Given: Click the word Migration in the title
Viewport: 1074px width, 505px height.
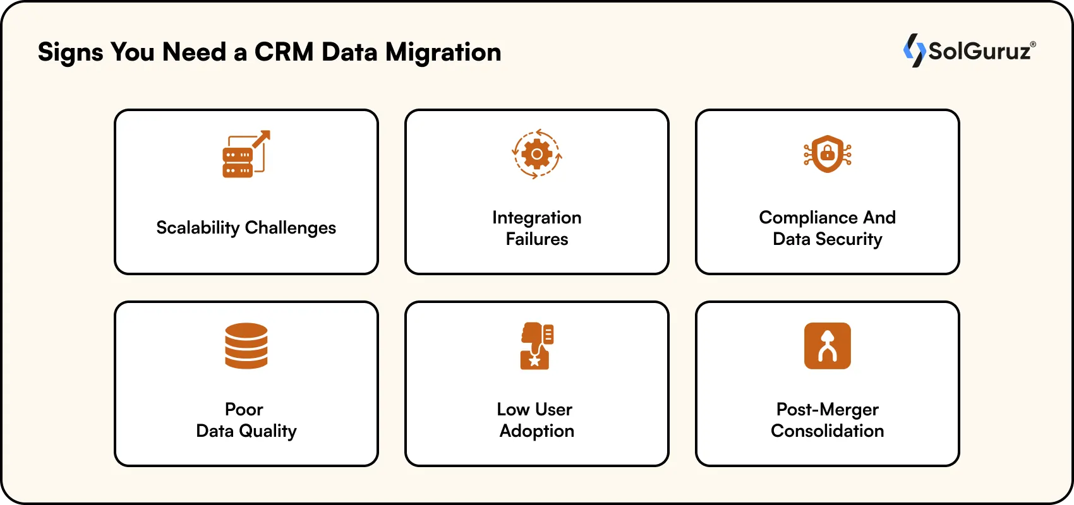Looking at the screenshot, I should click(443, 52).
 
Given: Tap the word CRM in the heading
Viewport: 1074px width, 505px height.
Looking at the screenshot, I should click(284, 52).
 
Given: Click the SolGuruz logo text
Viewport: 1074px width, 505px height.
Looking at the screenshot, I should click(979, 51).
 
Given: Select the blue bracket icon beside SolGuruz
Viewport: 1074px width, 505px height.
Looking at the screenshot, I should click(914, 50).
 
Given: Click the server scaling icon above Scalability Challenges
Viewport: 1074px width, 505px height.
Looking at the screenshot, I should click(245, 155).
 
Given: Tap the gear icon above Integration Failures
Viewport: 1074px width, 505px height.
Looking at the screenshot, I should click(537, 154).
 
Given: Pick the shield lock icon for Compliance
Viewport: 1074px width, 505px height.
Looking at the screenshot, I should click(828, 154).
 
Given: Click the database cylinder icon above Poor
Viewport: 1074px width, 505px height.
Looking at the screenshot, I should click(246, 346).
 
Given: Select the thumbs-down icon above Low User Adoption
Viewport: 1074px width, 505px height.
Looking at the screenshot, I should click(536, 346).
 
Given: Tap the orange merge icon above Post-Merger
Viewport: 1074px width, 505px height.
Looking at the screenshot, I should click(828, 346).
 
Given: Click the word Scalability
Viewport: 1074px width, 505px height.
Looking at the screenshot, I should click(198, 228).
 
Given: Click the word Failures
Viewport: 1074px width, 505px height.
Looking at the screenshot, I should click(537, 239).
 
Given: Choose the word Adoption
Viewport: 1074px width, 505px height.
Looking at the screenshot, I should click(537, 431).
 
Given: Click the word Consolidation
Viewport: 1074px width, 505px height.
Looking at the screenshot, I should click(828, 431).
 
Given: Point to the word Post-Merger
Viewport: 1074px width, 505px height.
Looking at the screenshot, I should click(828, 410).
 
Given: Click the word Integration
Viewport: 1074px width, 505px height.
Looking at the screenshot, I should click(537, 218).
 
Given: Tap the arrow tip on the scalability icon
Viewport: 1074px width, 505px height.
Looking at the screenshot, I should click(267, 134).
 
